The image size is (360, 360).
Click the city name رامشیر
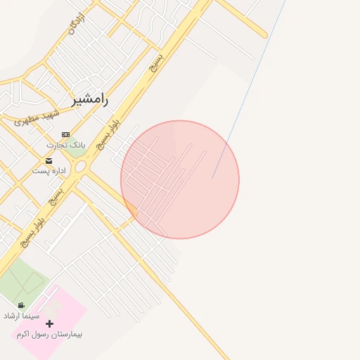coord(91,100)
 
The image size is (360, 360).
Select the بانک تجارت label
coord(65,145)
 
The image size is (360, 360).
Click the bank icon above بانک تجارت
coord(65,134)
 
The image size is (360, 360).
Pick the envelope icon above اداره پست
coord(49,161)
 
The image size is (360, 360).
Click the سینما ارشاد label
coord(35,316)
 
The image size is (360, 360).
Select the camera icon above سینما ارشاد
coord(21,305)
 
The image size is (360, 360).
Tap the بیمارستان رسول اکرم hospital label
coord(49,334)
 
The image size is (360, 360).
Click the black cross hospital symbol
coord(49,323)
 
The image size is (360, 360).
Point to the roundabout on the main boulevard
coord(80,167)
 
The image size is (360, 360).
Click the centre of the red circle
coord(180,179)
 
